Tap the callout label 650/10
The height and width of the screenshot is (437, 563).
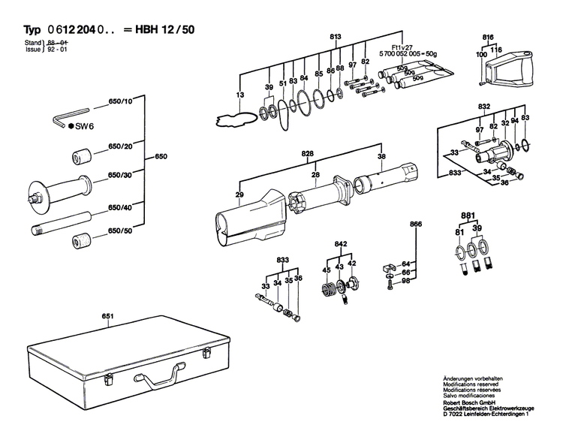pyautogui.click(x=120, y=101)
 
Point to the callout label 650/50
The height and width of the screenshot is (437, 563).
pyautogui.click(x=120, y=230)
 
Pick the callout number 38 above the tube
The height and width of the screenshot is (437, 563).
pyautogui.click(x=381, y=157)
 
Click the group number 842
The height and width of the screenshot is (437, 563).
pyautogui.click(x=339, y=245)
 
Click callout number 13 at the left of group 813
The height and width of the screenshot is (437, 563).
pyautogui.click(x=240, y=95)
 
